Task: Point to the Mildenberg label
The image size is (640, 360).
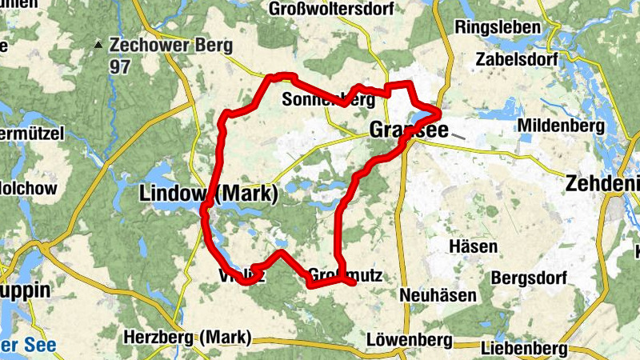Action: pos(560,126)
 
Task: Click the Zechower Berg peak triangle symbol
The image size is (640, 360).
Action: pos(98,44)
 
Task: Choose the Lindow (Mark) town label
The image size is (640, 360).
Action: pos(208,194)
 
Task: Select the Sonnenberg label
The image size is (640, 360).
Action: pos(329,100)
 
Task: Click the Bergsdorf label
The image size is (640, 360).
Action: pos(529,278)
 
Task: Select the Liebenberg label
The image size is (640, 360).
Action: pos(525,349)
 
